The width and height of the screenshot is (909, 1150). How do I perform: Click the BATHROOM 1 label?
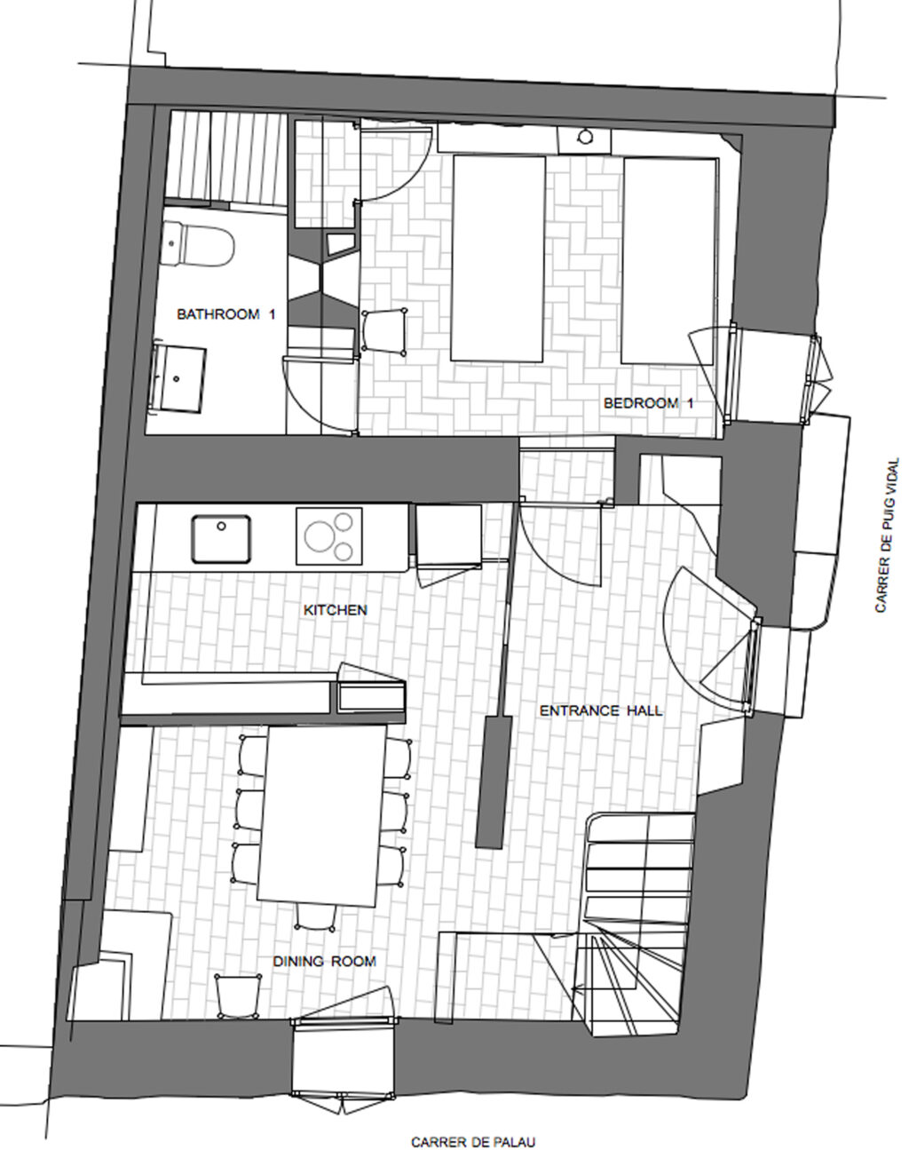225,313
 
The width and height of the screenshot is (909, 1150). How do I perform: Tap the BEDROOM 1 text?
648,402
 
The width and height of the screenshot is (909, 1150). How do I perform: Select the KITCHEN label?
335,610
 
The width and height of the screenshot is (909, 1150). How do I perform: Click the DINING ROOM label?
324,961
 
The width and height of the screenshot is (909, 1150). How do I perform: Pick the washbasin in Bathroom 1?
180,377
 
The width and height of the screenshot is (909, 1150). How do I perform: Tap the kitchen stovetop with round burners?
329,535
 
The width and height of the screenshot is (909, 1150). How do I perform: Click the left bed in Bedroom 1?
498,258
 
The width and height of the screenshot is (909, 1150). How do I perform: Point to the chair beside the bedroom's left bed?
384,332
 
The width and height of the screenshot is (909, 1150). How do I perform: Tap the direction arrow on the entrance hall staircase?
578,987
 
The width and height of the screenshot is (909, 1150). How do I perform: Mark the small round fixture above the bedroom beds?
586,138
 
